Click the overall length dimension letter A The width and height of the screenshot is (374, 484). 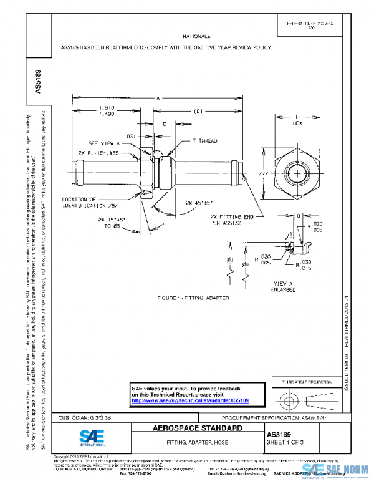point(158,98)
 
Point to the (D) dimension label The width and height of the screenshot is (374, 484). point(198,112)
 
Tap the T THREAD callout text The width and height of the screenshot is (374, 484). point(203,142)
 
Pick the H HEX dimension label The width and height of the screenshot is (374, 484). point(297,120)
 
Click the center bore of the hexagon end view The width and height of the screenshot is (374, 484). point(297,170)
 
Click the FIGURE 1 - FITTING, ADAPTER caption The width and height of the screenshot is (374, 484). point(194,298)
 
